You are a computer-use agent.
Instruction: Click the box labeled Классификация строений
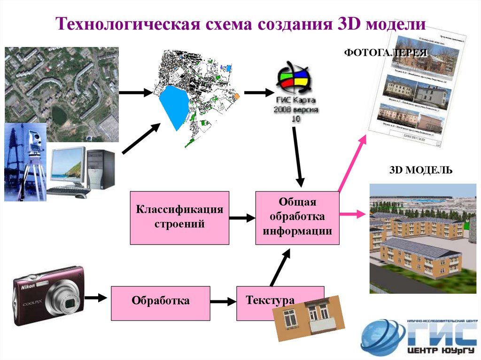tap(179, 218)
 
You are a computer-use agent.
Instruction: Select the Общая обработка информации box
tap(297, 218)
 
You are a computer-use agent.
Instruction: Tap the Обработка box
tap(161, 300)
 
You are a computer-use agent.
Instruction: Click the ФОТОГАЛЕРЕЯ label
tap(386, 53)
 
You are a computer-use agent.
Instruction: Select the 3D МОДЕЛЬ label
tap(421, 170)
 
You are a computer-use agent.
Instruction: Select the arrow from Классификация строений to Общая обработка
tap(242, 218)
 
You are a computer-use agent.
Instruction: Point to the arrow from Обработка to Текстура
tap(224, 301)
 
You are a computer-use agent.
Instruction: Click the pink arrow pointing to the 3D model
tap(352, 214)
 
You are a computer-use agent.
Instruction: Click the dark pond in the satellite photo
tap(59, 115)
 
